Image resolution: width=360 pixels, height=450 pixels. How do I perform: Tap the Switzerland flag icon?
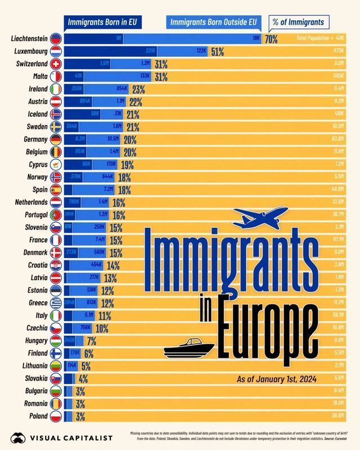click(56, 64)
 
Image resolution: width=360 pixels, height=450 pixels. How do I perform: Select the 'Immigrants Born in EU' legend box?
click(102, 22)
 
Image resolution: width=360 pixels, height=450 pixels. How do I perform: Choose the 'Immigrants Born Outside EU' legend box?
click(213, 22)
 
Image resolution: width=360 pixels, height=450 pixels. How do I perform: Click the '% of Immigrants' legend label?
click(298, 22)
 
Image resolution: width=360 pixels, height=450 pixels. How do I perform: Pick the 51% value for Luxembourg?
click(217, 52)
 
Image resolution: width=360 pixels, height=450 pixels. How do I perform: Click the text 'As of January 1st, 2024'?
click(276, 379)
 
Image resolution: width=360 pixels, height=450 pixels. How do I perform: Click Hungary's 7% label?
click(91, 340)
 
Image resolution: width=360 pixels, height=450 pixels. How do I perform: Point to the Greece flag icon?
click(56, 303)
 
